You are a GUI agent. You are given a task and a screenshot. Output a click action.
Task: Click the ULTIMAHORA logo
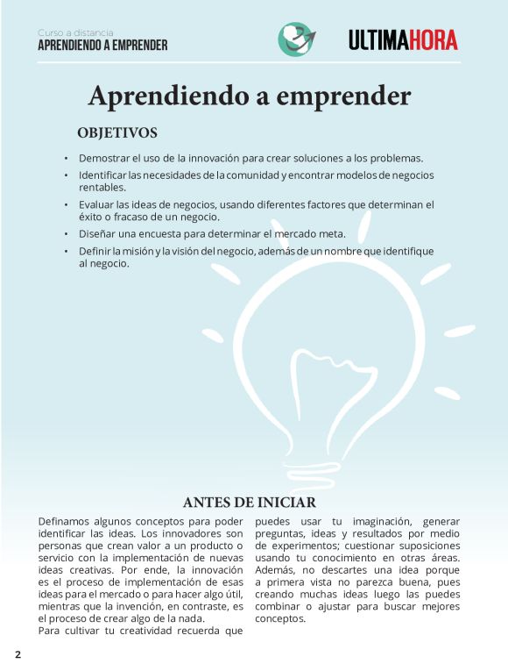click(x=403, y=39)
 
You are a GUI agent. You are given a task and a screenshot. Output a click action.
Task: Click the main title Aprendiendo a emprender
click(x=250, y=95)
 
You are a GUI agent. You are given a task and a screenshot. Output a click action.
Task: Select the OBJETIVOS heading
click(x=117, y=133)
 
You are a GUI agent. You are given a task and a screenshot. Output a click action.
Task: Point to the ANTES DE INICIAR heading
click(x=250, y=503)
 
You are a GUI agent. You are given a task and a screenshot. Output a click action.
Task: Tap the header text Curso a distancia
click(x=75, y=32)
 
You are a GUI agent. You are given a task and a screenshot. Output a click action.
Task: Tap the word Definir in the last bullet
click(x=96, y=252)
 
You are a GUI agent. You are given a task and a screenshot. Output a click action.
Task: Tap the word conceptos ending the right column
click(x=280, y=618)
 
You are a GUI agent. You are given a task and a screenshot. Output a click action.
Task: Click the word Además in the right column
click(x=276, y=570)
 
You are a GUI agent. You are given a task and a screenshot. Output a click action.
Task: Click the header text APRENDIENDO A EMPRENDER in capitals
click(x=102, y=45)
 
